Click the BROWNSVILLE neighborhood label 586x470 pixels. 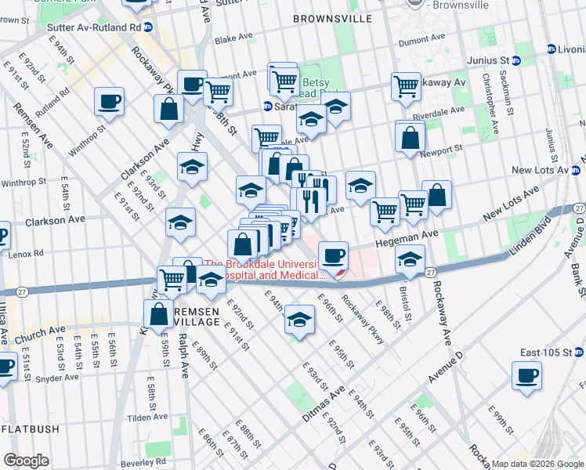click(331, 17)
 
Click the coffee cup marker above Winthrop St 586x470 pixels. click(109, 101)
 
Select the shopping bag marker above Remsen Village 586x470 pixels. click(158, 313)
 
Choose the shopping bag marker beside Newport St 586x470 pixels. click(410, 138)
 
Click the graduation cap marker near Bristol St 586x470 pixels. click(409, 258)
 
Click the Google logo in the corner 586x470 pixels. click(26, 461)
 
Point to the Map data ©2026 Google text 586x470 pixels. click(537, 464)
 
